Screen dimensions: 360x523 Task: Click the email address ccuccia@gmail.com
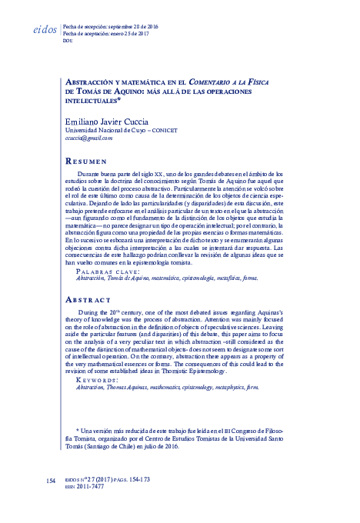(x=88, y=138)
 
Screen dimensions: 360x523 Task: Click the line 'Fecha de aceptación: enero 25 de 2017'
(x=111, y=35)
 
